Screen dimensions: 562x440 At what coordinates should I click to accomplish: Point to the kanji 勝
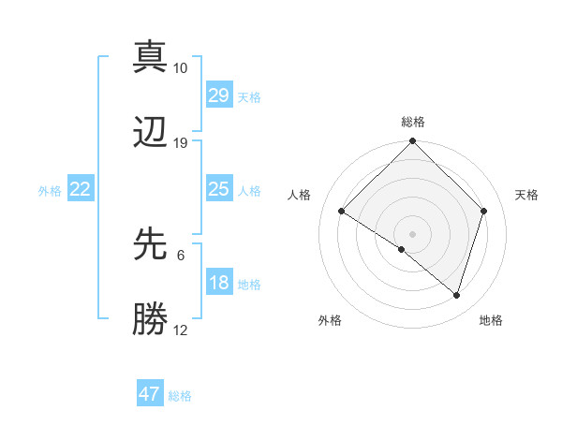click(150, 318)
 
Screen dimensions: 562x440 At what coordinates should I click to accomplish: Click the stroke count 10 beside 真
click(180, 68)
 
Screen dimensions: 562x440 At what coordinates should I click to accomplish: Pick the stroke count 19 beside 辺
click(180, 143)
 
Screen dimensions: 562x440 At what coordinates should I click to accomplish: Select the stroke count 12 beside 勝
click(180, 330)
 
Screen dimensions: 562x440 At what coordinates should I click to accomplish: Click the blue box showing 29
click(218, 95)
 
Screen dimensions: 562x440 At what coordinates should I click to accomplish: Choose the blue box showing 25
click(218, 189)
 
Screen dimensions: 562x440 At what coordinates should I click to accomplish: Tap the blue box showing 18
click(218, 283)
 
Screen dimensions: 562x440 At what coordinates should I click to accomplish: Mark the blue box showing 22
click(81, 189)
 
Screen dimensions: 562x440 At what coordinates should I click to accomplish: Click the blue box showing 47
click(150, 394)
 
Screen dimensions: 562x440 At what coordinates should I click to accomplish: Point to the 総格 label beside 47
click(180, 396)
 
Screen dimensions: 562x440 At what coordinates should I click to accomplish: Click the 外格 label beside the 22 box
click(50, 191)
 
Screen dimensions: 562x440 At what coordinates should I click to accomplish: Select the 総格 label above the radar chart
click(412, 122)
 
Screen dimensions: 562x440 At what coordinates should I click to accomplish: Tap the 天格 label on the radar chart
click(526, 195)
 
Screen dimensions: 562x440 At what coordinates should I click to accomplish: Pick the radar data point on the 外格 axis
click(402, 249)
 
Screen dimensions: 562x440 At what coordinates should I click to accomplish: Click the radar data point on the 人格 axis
click(342, 212)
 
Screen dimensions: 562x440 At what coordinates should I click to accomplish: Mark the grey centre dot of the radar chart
click(412, 233)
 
